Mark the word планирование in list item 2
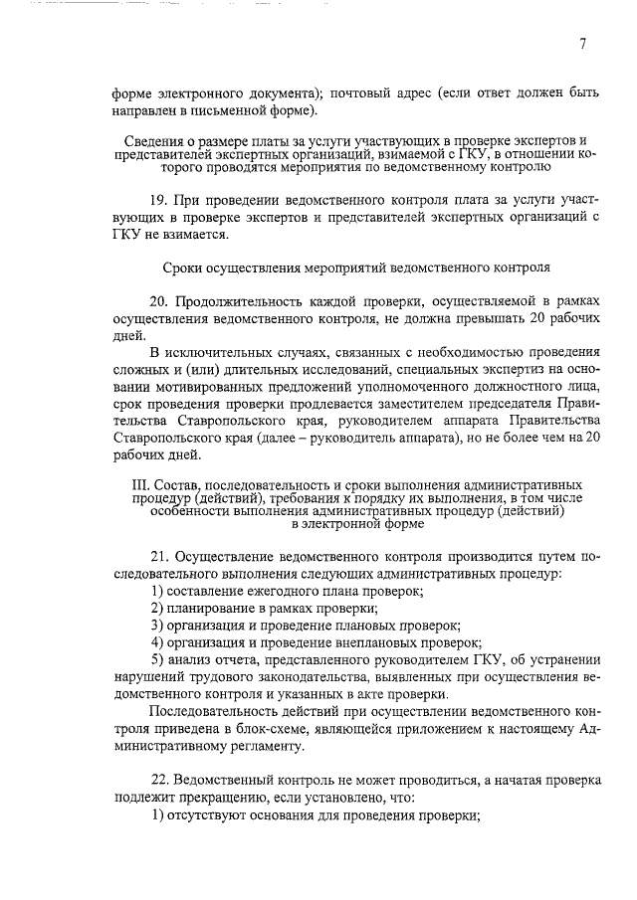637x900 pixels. [x=209, y=608]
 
